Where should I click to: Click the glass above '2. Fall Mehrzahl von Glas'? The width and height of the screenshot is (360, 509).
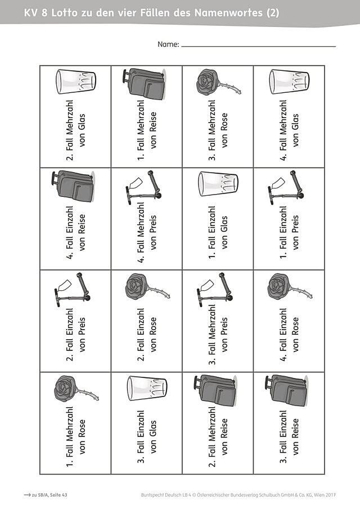tap(75, 82)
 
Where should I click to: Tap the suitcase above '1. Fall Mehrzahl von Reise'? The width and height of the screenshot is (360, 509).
tap(144, 83)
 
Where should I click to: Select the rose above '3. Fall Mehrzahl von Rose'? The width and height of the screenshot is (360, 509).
tap(218, 82)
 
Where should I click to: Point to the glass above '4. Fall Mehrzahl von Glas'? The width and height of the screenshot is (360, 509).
tap(289, 82)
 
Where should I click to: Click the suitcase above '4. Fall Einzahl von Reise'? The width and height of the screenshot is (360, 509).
tap(73, 186)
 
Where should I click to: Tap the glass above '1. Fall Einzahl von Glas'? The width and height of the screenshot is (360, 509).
tap(218, 184)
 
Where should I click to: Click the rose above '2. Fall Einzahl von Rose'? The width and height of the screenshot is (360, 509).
tap(147, 286)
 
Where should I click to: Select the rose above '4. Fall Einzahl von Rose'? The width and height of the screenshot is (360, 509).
tap(290, 286)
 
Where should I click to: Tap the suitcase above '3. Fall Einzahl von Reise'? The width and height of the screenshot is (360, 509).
tap(287, 390)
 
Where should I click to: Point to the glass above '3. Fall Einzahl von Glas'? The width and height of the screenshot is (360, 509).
tap(147, 388)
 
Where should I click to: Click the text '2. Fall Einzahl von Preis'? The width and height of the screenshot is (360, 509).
tap(76, 334)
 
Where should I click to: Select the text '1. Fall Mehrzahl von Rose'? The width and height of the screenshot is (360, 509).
tap(76, 436)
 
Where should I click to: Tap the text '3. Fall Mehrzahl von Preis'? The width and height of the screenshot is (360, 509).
tap(218, 334)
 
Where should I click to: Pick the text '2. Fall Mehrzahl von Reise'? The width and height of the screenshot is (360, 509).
tap(218, 436)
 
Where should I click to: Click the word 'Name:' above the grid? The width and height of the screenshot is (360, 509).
tap(168, 44)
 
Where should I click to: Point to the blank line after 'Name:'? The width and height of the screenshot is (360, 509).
tap(258, 47)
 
